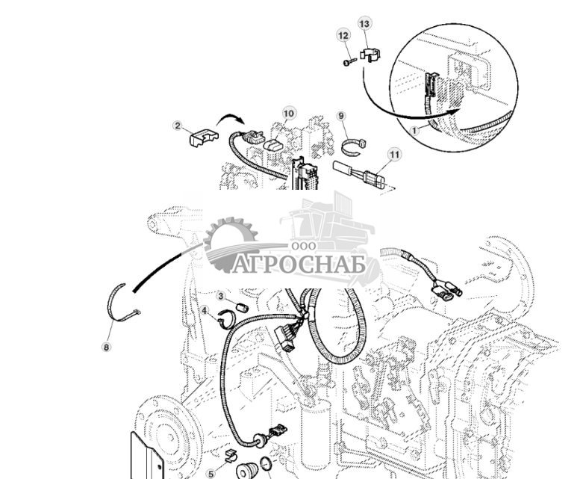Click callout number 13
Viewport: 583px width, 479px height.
(364, 24)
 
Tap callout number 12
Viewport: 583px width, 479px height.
(343, 35)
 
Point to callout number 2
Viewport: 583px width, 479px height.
(178, 125)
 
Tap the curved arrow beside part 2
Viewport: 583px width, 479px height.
(232, 119)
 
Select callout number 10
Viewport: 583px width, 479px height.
(289, 114)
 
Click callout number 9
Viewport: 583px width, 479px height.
(341, 116)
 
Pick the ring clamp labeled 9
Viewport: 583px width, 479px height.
(354, 144)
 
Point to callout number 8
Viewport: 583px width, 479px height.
(106, 347)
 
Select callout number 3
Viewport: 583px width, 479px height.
(222, 296)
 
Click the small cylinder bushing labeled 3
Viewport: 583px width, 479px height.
(242, 306)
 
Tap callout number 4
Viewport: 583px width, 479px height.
(204, 309)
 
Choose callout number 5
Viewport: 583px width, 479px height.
(211, 472)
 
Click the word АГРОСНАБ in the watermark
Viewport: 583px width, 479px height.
(299, 265)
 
